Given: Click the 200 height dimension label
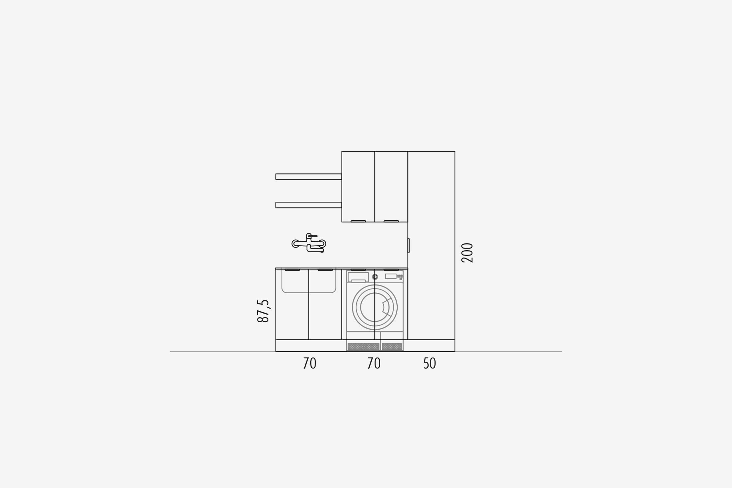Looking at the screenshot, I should click(467, 253).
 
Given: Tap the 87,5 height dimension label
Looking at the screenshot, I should click(263, 311).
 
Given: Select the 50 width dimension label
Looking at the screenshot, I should click(429, 364).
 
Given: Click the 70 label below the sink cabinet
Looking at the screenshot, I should click(309, 364).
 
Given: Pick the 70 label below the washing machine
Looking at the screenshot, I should click(374, 364).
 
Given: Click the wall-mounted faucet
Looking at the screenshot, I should click(309, 243).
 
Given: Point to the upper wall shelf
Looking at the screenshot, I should click(308, 177).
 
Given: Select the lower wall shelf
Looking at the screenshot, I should click(308, 205).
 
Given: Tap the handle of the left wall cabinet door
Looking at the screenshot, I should click(358, 221).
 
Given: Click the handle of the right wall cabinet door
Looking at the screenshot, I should click(391, 221).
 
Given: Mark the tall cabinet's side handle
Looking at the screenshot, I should click(409, 245).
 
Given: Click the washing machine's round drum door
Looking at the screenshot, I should click(375, 307).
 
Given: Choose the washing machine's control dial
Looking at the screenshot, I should click(375, 277).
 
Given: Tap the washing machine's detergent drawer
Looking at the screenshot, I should click(358, 277).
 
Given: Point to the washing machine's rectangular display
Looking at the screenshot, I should click(391, 276).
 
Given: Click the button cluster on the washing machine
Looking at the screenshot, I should click(400, 277).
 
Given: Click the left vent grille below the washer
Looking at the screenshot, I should click(363, 347).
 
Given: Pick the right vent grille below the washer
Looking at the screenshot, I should click(392, 347).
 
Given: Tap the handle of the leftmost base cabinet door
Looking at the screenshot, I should click(292, 270).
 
